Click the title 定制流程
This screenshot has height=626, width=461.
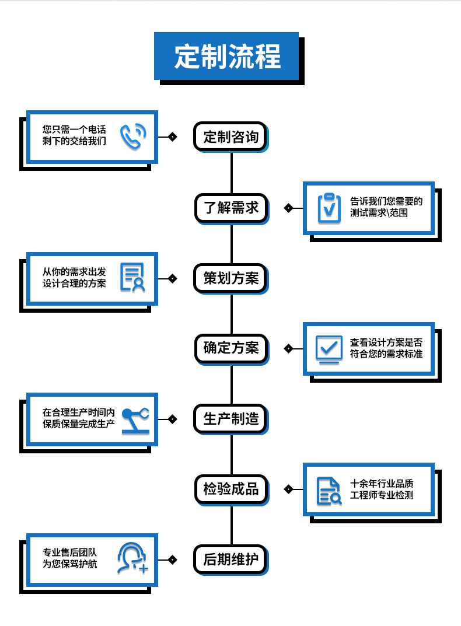[x=227, y=57]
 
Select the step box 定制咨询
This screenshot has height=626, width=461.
[x=230, y=137]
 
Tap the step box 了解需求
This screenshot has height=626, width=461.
[x=230, y=208]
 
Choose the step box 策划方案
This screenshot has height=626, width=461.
[x=230, y=278]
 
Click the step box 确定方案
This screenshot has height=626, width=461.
[x=230, y=348]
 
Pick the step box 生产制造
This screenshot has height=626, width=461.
[x=230, y=418]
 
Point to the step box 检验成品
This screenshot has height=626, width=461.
[x=230, y=489]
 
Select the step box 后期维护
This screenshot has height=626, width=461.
[x=230, y=559]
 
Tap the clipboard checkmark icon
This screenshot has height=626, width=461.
[x=329, y=208]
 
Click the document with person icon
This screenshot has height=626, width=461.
[x=132, y=278]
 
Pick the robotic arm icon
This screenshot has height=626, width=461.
[x=135, y=419]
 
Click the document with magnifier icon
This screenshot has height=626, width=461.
[x=329, y=490]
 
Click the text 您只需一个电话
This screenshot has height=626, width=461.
[x=74, y=130]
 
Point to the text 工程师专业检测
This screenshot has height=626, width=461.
[x=382, y=495]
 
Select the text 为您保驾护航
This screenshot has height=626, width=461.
[x=69, y=564]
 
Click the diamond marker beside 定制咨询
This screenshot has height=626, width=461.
[x=172, y=137]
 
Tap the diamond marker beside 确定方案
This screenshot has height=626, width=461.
[x=288, y=348]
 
